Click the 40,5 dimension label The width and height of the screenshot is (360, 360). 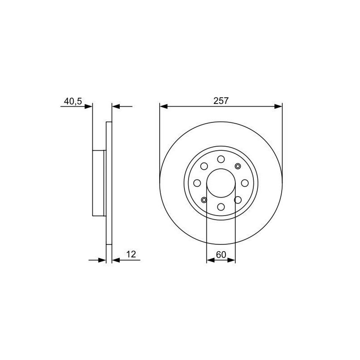[x=73, y=101]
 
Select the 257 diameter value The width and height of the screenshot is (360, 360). [x=221, y=101]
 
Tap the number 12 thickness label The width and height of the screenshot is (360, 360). [x=131, y=254]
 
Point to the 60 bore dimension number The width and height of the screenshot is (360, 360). [x=221, y=255]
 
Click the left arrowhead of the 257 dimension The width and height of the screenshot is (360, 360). [x=163, y=107]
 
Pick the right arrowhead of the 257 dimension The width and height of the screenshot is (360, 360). [x=278, y=107]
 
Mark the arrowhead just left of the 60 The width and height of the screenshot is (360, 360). [x=211, y=260]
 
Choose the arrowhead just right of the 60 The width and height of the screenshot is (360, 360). [x=231, y=260]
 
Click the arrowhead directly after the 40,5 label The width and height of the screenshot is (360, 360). [x=88, y=107]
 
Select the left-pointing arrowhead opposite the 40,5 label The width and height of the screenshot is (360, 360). [x=116, y=107]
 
